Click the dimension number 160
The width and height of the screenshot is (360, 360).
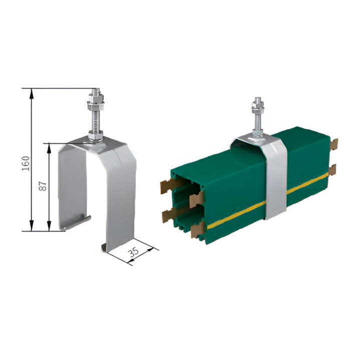point(26,163)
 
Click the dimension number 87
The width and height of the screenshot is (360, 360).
point(43,186)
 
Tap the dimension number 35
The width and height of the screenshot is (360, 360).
point(133,252)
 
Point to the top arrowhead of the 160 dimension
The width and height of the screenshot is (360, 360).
point(32,94)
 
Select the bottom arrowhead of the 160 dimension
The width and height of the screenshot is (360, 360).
point(32,226)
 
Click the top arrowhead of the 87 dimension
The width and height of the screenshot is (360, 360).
point(49,148)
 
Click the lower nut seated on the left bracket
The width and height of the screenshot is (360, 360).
point(96,136)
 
